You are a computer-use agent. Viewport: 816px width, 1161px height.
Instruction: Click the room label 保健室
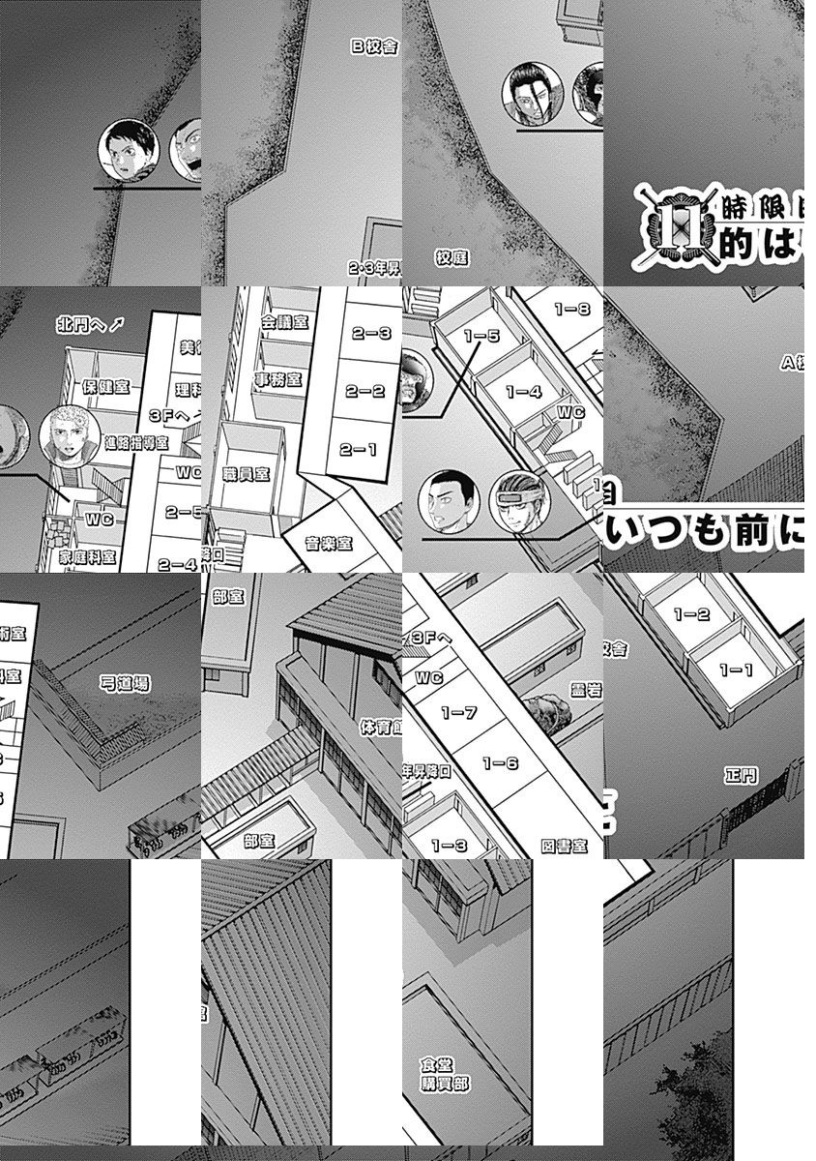click(106, 387)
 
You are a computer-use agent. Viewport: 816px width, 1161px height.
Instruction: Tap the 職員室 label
click(245, 474)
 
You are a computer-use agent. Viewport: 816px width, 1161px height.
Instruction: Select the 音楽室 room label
click(329, 544)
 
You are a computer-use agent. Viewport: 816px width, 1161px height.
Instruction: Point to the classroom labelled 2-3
click(370, 334)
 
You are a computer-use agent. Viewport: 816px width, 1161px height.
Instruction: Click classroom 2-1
click(358, 450)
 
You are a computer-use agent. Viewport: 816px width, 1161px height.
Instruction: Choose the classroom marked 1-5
click(481, 337)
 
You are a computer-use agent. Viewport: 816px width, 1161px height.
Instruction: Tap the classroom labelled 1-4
click(522, 392)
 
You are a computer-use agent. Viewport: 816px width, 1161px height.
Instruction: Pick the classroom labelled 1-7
click(458, 713)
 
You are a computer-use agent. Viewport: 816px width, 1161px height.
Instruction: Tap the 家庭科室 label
click(87, 558)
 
